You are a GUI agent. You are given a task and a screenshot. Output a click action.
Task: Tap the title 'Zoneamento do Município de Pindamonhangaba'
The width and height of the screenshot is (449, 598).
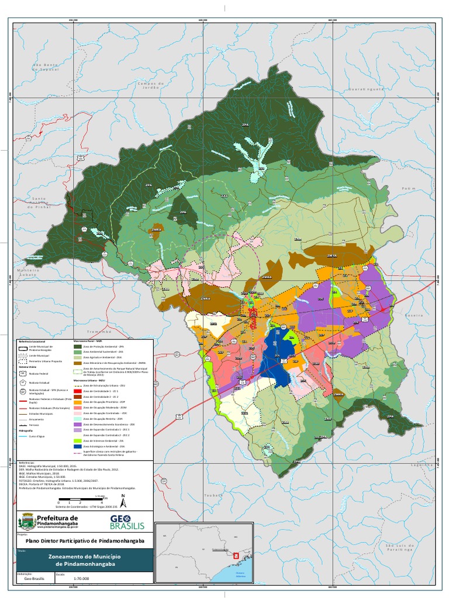(82, 561)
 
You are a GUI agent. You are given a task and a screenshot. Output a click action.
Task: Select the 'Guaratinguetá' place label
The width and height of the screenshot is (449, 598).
(366, 89)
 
